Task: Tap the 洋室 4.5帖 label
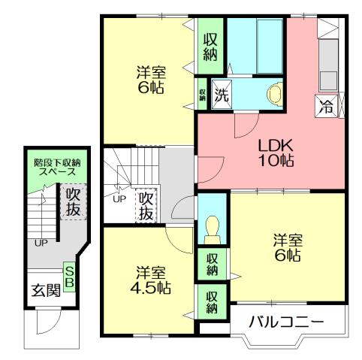tap(152, 280)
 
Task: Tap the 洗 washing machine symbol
tap(221, 95)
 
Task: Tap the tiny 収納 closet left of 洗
tap(203, 95)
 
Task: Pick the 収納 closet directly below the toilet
tap(212, 264)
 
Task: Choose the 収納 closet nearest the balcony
tap(212, 302)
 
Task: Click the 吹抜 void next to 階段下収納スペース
tap(72, 201)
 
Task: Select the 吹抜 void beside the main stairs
tap(146, 204)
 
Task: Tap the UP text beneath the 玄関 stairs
tap(41, 243)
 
